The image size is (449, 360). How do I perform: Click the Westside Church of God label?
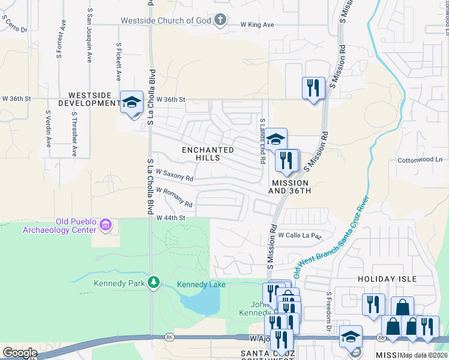(x=166, y=20)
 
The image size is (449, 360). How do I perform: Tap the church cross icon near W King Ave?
(x=221, y=20)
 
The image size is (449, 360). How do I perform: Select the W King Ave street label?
(x=257, y=25)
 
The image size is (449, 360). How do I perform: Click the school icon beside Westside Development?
(x=132, y=102)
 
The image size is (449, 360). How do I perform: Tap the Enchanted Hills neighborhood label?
(x=208, y=154)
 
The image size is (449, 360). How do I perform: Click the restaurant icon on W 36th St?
(x=313, y=88)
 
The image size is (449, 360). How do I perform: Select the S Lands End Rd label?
(x=262, y=141)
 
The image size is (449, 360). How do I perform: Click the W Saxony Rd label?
(x=175, y=175)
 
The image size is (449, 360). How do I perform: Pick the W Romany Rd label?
(x=174, y=197)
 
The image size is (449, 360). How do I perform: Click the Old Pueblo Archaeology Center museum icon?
(x=106, y=225)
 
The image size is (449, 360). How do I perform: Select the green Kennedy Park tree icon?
(x=154, y=282)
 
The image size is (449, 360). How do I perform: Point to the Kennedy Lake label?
(x=201, y=284)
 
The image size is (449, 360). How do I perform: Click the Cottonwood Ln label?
(x=420, y=160)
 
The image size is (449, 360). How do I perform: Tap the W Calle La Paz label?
(x=300, y=235)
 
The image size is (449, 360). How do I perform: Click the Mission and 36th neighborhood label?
(x=290, y=187)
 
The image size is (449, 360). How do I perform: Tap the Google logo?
(x=20, y=353)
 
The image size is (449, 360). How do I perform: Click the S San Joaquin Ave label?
(x=89, y=35)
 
